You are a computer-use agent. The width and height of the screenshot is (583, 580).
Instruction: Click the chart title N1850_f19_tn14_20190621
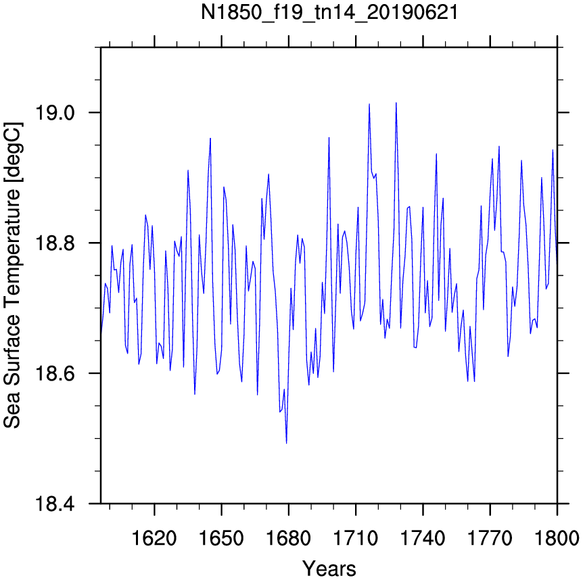329,12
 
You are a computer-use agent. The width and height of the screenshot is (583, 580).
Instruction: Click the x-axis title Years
329,569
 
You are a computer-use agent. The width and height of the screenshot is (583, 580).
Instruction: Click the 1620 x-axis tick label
154,538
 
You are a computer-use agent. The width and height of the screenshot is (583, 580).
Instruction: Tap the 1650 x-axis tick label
222,538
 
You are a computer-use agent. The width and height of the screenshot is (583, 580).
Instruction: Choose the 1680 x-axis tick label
289,538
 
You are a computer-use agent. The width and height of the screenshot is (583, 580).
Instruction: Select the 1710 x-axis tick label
356,538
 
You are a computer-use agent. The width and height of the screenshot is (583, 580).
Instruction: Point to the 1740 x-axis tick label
423,538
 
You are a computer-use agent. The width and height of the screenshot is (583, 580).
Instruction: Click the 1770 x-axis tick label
490,538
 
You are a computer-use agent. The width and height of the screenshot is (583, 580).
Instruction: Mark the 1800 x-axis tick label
557,538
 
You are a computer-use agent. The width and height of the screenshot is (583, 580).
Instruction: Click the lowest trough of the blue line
286,443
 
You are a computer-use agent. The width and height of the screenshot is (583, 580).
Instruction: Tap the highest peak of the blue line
396,103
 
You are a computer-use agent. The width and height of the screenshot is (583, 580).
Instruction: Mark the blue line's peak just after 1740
436,154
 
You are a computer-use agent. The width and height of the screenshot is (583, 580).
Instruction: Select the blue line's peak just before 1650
210,138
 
